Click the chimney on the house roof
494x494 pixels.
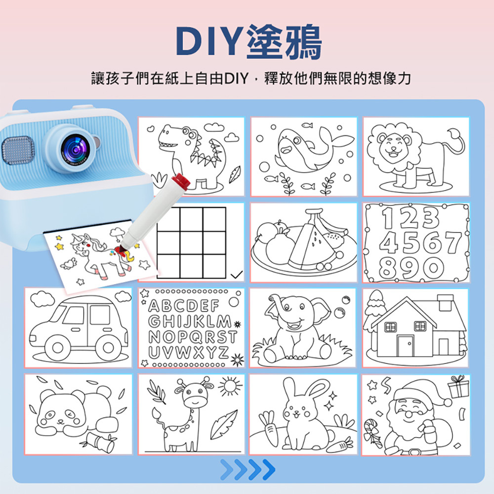445,302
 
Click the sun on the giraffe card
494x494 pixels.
230,384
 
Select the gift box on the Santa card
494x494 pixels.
458,387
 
